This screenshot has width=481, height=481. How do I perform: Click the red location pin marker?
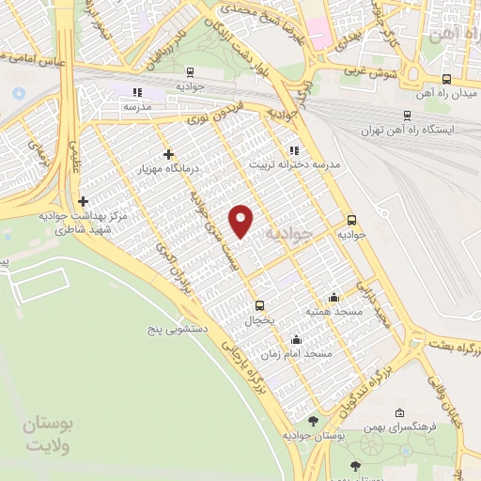click(x=241, y=220)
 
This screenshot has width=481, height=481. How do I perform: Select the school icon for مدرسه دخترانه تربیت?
click(x=294, y=149)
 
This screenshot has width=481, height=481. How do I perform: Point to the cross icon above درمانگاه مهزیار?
click(x=168, y=154)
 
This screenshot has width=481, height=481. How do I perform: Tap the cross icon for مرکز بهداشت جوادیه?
click(x=84, y=201)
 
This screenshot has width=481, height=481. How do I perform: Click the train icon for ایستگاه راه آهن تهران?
click(x=407, y=116)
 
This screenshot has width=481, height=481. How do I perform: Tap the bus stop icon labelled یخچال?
click(x=260, y=304)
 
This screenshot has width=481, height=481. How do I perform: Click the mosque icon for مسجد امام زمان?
click(x=297, y=340)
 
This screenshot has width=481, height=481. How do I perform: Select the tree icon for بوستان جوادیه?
click(x=313, y=422)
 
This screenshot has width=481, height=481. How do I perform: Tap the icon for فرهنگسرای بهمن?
click(x=400, y=412)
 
